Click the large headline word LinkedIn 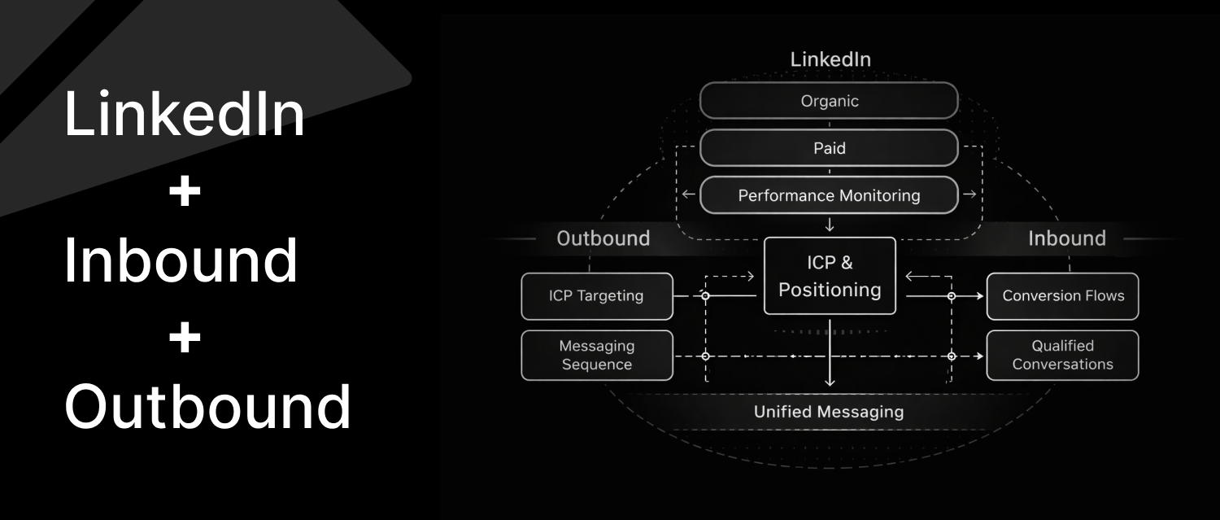tap(185, 115)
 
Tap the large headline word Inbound tap(181, 260)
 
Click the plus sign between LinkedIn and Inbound tap(185, 192)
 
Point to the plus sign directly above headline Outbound tap(185, 337)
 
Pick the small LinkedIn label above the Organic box tap(830, 59)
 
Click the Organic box tap(829, 101)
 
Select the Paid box tap(829, 148)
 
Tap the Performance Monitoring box tap(829, 195)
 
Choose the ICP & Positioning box tap(830, 276)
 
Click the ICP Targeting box tap(596, 295)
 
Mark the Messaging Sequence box tap(596, 355)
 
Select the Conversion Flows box tap(1062, 295)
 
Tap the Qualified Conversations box tap(1062, 355)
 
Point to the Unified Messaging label tap(828, 412)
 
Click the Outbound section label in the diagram tap(603, 238)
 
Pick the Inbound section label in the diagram tap(1066, 238)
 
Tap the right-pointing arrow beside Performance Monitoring tap(969, 194)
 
